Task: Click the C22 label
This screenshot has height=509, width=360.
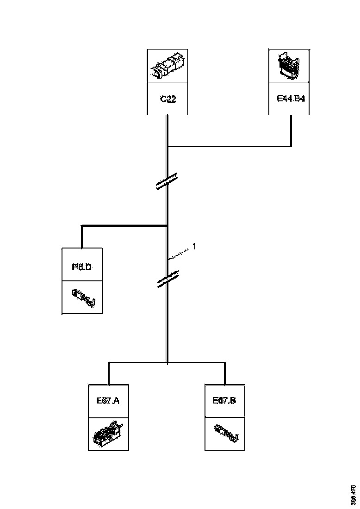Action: [168, 99]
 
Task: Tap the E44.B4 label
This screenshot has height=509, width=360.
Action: [289, 99]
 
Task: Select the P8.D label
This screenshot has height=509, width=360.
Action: [82, 267]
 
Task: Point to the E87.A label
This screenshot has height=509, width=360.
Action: [108, 401]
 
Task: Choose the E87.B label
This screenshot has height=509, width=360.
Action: [224, 401]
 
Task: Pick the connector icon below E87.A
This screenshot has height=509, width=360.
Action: [108, 433]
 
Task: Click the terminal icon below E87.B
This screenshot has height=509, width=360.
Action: [225, 433]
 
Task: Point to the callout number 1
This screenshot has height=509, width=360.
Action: [194, 247]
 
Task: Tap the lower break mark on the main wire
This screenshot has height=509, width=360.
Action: [167, 279]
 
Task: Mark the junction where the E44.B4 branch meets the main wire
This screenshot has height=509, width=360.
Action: [168, 147]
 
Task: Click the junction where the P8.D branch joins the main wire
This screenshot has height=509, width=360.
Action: [167, 226]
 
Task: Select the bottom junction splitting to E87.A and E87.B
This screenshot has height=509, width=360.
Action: [167, 362]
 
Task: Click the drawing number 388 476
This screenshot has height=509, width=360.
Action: [353, 494]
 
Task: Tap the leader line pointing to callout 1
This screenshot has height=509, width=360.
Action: [180, 254]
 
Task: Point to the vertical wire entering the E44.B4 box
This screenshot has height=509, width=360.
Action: [291, 130]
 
